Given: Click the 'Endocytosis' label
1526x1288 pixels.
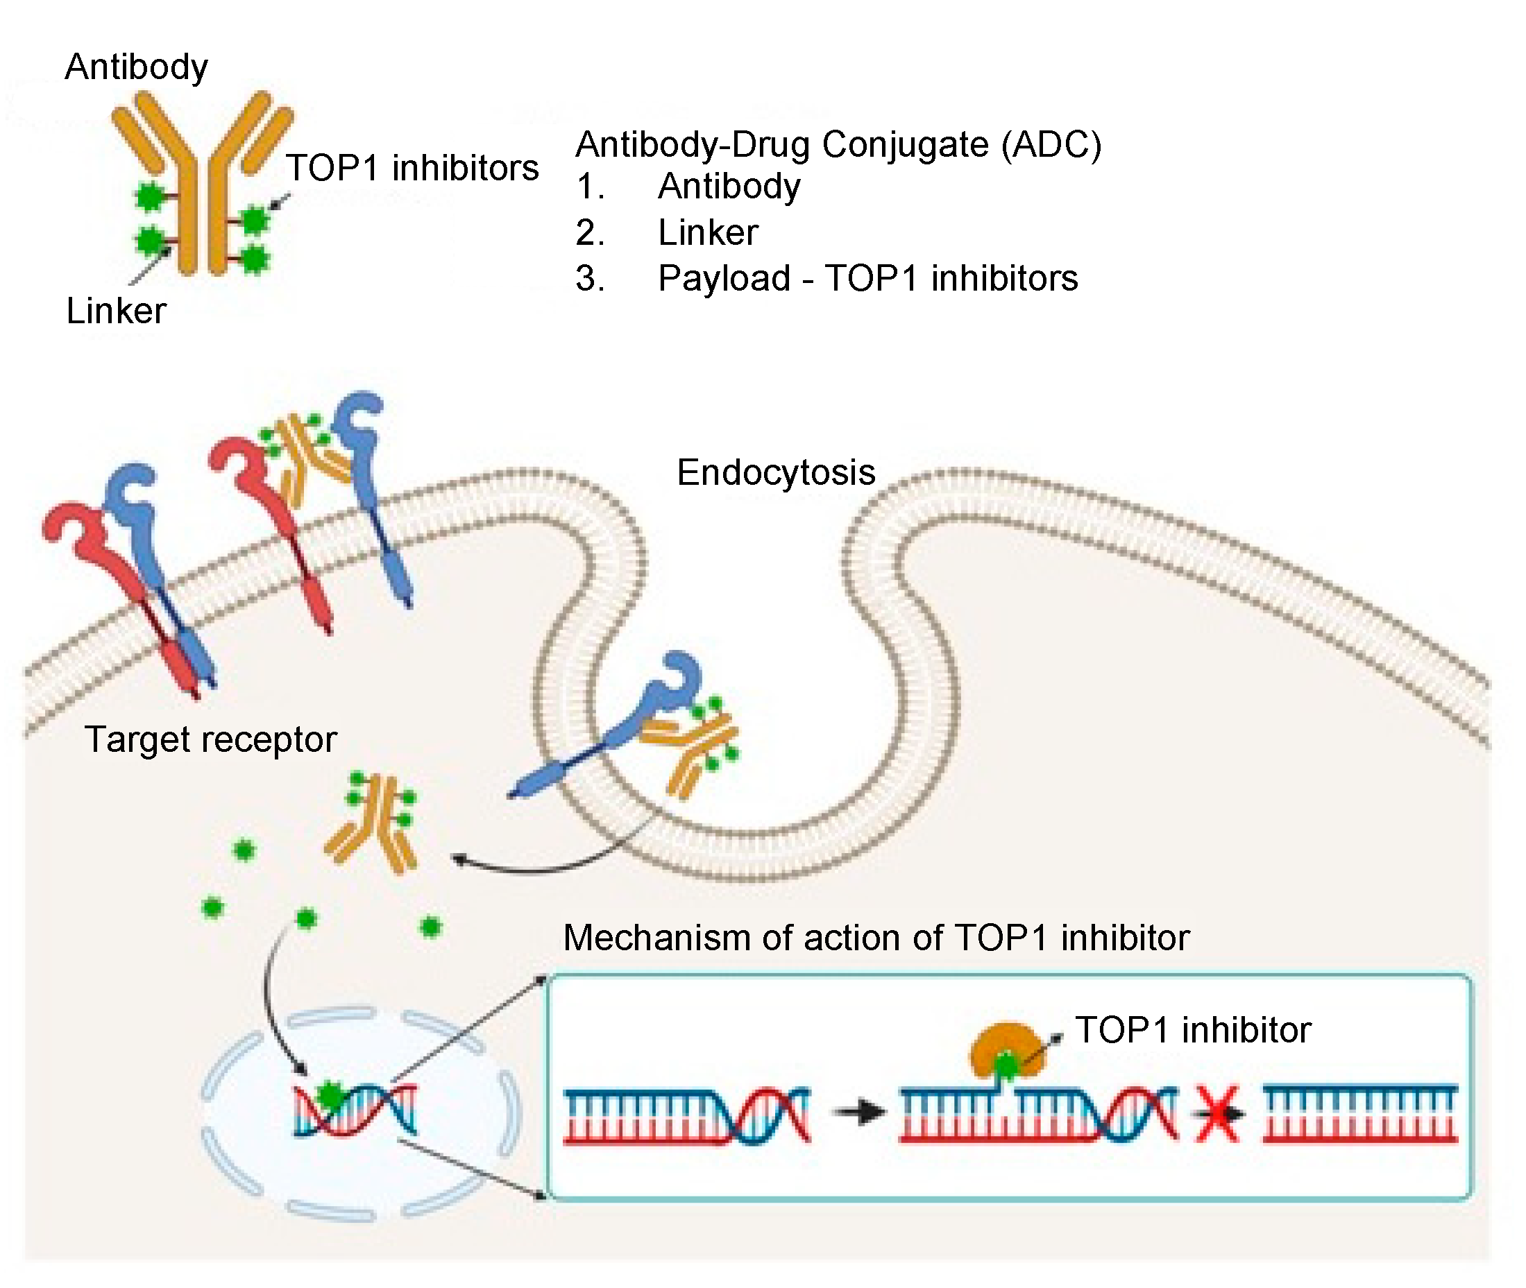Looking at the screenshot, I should point(776,472).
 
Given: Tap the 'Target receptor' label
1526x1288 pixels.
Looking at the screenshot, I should point(210,739).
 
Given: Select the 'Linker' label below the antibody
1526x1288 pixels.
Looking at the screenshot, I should point(116,311).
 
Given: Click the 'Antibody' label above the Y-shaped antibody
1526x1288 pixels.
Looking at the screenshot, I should point(137,67).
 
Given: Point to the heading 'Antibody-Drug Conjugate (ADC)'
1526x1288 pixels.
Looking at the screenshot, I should point(838,144).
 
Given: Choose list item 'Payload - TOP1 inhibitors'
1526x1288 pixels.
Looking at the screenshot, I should point(867,278).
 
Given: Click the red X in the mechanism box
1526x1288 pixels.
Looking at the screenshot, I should point(1217,1113).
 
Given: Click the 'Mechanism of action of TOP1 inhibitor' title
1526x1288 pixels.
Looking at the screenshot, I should point(876,938).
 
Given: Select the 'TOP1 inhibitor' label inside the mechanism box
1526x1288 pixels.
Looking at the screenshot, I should point(1193,1030).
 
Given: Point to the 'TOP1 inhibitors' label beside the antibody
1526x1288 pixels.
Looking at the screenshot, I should point(412,168).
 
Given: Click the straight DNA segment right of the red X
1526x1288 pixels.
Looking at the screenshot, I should point(1360,1113).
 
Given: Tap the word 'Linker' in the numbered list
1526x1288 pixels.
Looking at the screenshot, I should point(708,233).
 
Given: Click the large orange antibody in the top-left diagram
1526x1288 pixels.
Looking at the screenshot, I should point(203,182).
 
